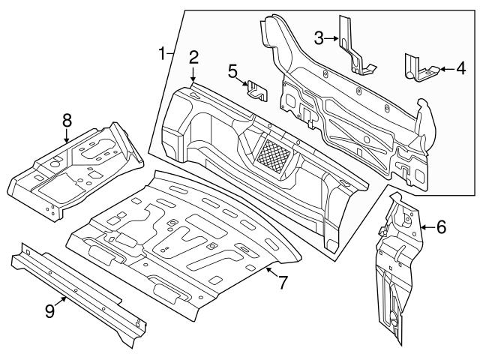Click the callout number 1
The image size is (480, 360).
[162, 53]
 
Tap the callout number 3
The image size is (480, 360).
[319, 37]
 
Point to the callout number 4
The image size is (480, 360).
[460, 69]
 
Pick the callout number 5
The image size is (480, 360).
[233, 70]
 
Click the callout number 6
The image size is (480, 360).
[441, 225]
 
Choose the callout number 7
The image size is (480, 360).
[283, 283]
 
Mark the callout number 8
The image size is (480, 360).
[67, 119]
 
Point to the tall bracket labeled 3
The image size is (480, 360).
[352, 45]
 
